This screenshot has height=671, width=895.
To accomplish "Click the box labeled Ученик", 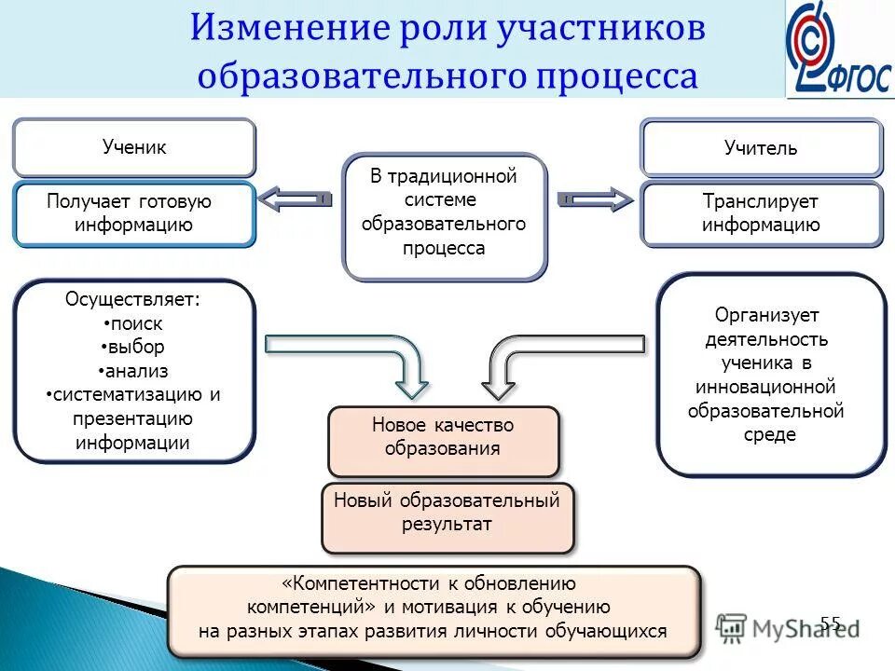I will pos(134,147).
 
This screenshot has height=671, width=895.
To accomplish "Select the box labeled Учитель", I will pos(761,148).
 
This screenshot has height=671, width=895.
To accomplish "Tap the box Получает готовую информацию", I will pos(134,213).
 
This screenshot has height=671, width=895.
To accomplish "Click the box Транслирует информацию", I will pos(761,213).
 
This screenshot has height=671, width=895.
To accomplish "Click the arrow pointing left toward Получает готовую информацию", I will pos(294,199).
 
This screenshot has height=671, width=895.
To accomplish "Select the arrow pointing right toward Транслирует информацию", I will pos(595,199).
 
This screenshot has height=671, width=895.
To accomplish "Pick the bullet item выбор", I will pos(133,347).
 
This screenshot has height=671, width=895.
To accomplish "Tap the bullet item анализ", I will pos(133,371).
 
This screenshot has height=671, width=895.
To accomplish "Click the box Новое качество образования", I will pos(443,437).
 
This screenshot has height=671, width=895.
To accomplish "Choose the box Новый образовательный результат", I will pos(447,513).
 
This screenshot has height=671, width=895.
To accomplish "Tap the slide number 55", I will pos(831,623).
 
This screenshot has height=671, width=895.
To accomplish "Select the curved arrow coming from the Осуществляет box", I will pos(364,354).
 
